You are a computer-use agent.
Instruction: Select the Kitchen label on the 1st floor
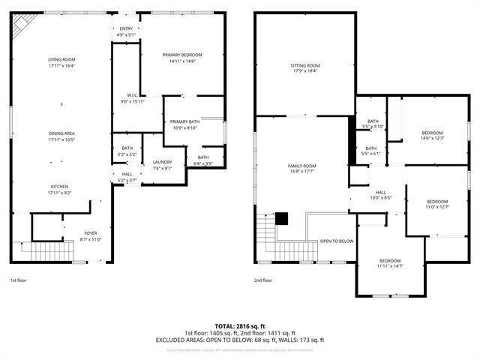(60, 186)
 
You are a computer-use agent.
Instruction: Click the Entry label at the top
(125, 28)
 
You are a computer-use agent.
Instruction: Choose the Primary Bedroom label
(182, 55)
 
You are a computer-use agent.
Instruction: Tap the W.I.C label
(131, 95)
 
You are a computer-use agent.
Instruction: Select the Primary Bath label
(184, 121)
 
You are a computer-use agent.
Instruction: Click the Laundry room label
(163, 162)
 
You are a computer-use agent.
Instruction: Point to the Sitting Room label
(305, 65)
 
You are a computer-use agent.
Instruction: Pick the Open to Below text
(337, 241)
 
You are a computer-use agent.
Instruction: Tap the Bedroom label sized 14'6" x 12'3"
(432, 133)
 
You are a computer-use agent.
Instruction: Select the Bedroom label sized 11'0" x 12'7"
(437, 202)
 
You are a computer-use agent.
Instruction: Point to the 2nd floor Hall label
(381, 193)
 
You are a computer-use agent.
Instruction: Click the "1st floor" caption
(19, 280)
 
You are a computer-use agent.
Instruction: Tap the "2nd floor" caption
(262, 280)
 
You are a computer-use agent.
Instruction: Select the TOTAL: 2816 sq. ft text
(240, 325)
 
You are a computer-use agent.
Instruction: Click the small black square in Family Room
(282, 218)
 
